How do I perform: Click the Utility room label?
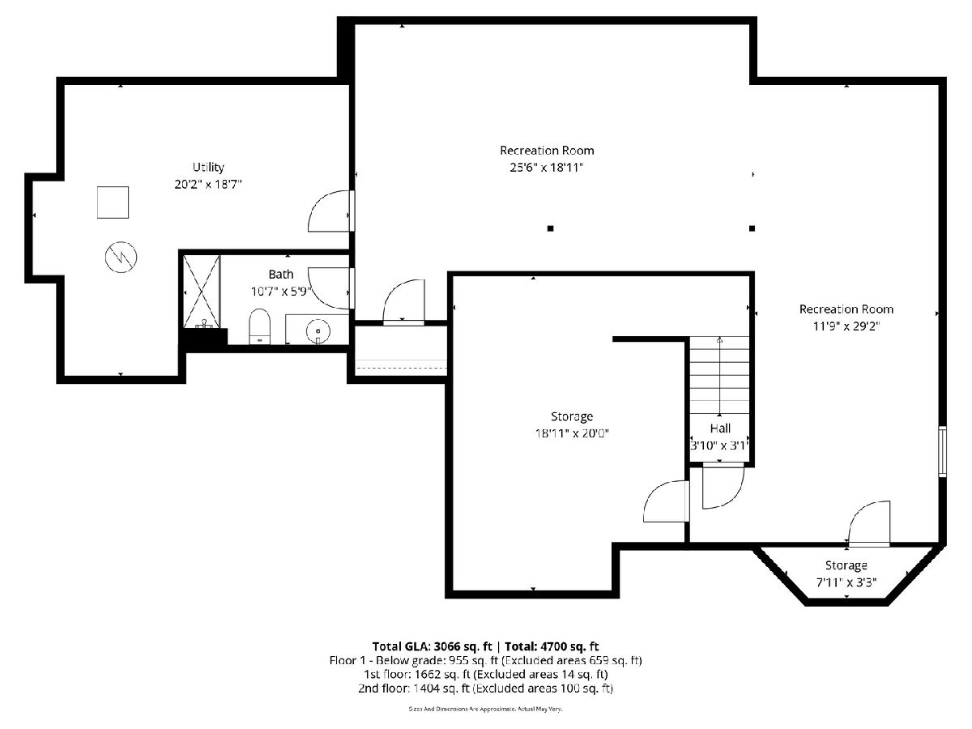point(208,168)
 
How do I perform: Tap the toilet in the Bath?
point(259,326)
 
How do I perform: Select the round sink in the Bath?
point(318,330)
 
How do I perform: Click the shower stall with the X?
point(202,292)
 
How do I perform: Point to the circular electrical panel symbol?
point(121,257)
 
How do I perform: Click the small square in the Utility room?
point(113,202)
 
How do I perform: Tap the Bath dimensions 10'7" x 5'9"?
point(282,292)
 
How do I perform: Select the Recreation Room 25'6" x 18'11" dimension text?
point(547,168)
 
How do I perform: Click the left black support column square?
point(551,228)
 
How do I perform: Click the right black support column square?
point(752,228)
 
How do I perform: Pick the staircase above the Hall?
point(719,376)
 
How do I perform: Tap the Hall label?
point(720,428)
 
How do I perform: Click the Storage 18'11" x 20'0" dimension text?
point(572,433)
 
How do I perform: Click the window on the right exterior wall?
point(942,451)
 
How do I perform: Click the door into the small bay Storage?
point(868,523)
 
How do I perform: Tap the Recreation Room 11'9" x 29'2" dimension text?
point(846,326)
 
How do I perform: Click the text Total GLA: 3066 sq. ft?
point(433,646)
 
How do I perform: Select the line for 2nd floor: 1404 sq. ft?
point(485,688)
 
